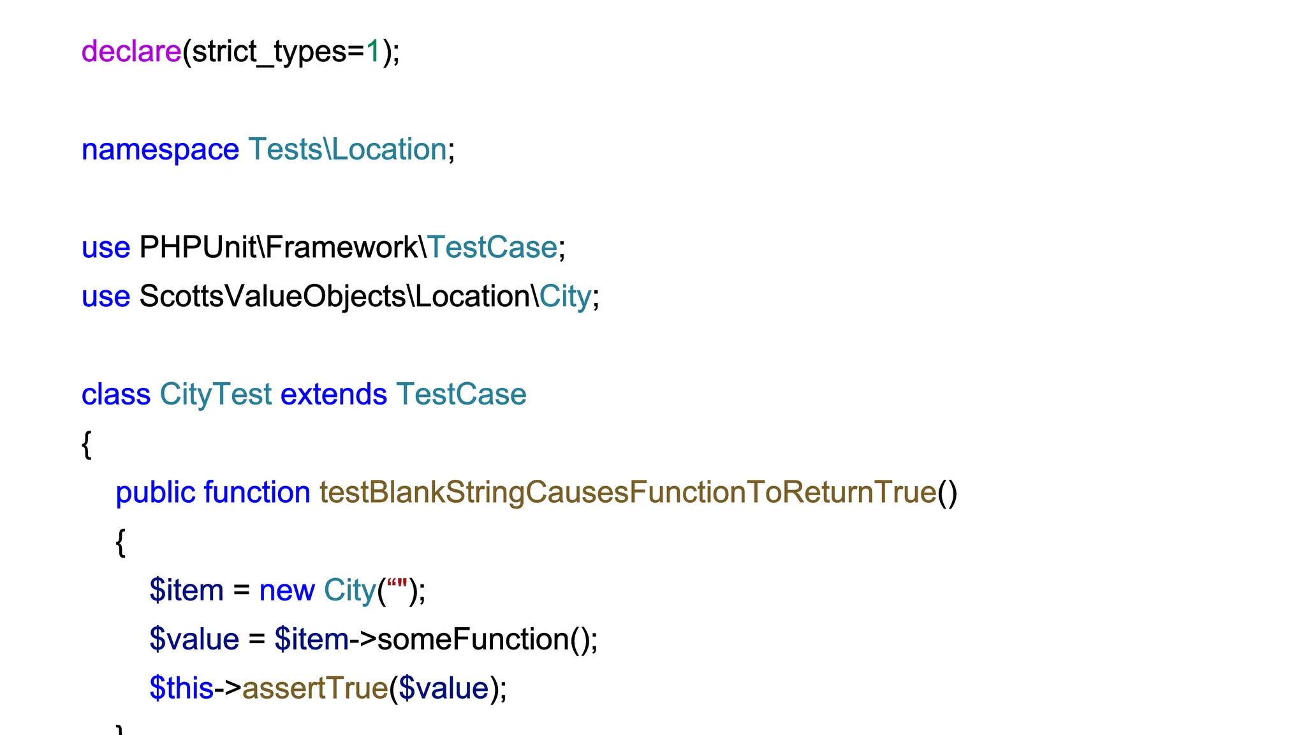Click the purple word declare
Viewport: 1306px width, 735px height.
pyautogui.click(x=131, y=52)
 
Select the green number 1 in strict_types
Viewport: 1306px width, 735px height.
pyautogui.click(x=373, y=52)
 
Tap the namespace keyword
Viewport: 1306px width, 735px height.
pyautogui.click(x=160, y=150)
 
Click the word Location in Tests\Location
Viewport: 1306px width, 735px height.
pyautogui.click(x=389, y=150)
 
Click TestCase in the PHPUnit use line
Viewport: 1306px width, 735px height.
pyautogui.click(x=492, y=248)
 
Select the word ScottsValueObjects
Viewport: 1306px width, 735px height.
pyautogui.click(x=273, y=297)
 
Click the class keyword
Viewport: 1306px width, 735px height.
pyautogui.click(x=115, y=394)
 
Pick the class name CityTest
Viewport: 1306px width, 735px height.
pyautogui.click(x=216, y=394)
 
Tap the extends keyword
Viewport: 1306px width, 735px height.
pyautogui.click(x=334, y=394)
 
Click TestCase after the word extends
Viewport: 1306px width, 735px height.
pyautogui.click(x=461, y=394)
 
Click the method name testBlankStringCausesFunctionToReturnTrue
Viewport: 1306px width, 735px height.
pyautogui.click(x=627, y=493)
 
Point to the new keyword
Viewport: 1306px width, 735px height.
pyautogui.click(x=286, y=590)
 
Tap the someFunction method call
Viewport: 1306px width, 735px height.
pyautogui.click(x=473, y=639)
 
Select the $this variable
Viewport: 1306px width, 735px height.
pyautogui.click(x=181, y=688)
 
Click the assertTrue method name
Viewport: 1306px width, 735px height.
pyautogui.click(x=315, y=688)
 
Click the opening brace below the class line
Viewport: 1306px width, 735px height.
pyautogui.click(x=87, y=444)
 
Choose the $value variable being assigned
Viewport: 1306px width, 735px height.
pyautogui.click(x=194, y=639)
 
